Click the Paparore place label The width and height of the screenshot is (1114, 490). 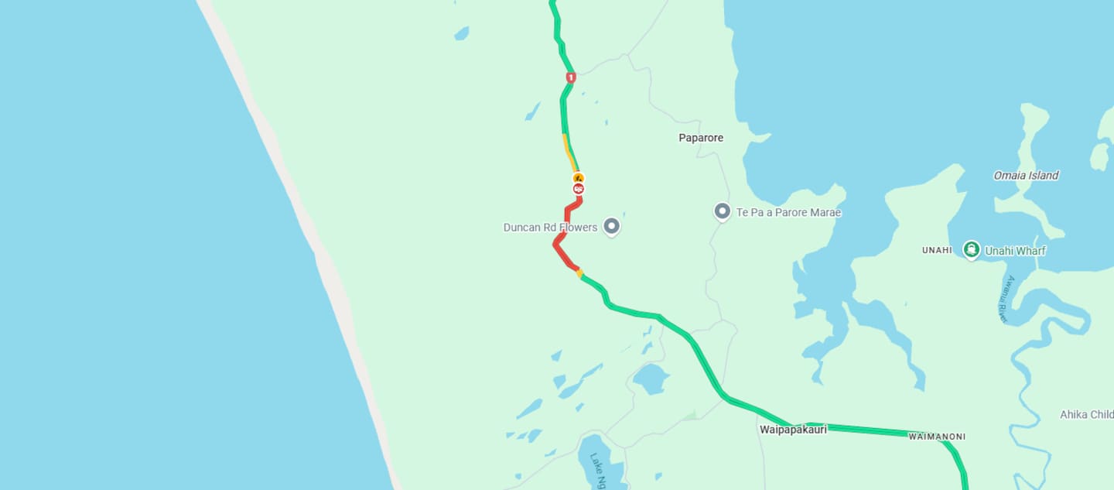701,138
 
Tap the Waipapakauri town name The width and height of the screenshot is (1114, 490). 793,429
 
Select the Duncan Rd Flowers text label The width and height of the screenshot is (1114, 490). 550,228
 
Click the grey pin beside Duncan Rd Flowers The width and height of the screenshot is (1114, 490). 612,225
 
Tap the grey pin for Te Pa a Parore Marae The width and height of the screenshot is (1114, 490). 723,211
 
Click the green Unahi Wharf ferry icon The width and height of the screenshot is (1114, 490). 972,249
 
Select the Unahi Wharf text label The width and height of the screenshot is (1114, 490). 1015,251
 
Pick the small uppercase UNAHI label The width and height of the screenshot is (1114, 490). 937,251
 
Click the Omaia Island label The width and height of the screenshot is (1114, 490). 1026,176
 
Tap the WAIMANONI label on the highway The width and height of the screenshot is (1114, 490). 937,437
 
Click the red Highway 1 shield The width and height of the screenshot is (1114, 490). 571,77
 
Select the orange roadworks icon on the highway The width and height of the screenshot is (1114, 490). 578,178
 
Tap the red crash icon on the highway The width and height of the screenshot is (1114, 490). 578,189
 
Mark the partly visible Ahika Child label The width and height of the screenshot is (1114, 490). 1086,415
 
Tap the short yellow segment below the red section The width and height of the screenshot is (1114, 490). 579,272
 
